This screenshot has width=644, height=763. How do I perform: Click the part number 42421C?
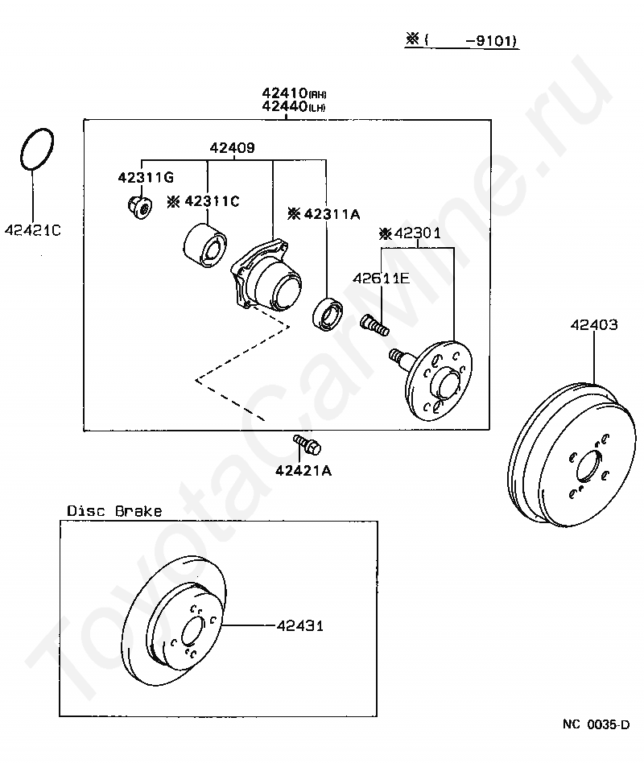tap(33, 230)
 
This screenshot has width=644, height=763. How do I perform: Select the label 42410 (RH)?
tap(294, 93)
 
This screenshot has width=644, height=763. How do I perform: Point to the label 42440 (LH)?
tap(294, 106)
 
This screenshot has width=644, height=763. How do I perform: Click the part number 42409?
tap(232, 147)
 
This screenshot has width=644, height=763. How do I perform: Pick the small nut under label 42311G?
tap(140, 208)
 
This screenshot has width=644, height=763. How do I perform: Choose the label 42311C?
tap(203, 201)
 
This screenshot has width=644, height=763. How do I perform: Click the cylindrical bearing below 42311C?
tap(205, 245)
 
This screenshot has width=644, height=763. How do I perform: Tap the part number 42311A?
tap(324, 214)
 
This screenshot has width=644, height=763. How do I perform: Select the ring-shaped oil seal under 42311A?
tap(328, 313)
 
